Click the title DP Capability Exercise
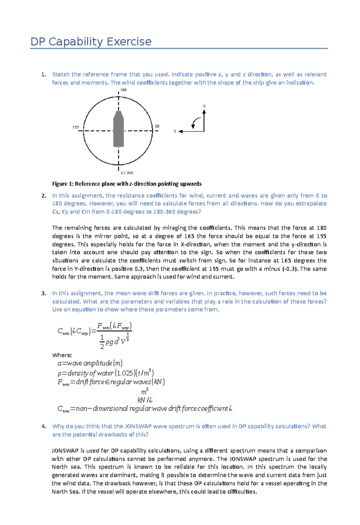91,42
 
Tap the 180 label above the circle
123,90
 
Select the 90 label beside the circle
157,126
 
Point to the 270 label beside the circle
75,127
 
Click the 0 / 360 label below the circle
127,173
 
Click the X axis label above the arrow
204,106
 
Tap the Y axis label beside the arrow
175,131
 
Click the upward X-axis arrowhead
204,112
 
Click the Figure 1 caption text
127,184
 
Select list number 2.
44,196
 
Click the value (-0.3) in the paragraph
290,269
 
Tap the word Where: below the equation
62,355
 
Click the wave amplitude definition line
90,363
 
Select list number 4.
44,426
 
